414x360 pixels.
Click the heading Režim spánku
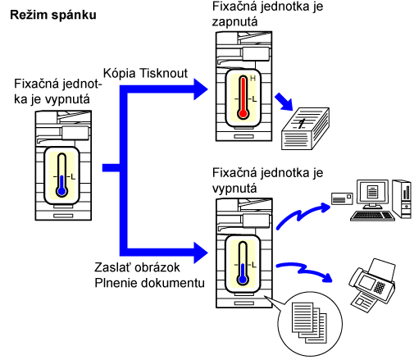pos(53,15)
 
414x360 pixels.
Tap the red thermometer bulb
pos(243,113)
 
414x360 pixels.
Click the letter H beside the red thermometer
pos(252,79)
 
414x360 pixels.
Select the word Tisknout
pos(163,73)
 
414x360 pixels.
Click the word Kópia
pos(120,74)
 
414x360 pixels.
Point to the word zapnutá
pos(234,22)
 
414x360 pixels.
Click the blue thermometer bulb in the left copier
pos(62,191)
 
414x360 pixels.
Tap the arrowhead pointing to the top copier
pos(201,89)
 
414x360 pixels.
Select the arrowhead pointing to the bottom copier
pos(201,253)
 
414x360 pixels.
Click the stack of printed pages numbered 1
pos(305,129)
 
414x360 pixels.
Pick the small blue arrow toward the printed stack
pos(284,102)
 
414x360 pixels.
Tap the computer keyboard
pos(372,216)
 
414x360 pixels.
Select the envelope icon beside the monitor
pos(342,198)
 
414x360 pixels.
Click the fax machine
pos(372,285)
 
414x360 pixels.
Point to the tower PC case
pos(402,199)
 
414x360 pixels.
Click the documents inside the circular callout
pos(309,322)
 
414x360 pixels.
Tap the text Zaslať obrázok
pos(137,267)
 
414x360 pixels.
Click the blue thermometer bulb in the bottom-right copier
pos(243,280)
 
